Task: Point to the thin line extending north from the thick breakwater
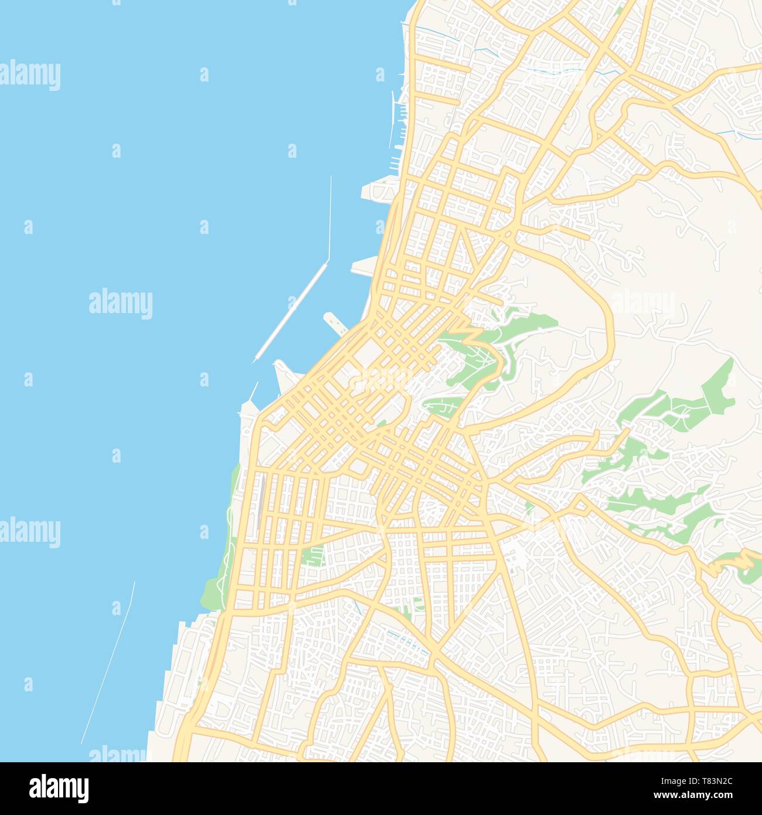pos(331,217)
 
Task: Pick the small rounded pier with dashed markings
pos(334,322)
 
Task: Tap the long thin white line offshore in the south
pos(108,663)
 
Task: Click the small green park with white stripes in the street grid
pos(314,555)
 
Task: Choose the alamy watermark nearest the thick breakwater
pos(120,304)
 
